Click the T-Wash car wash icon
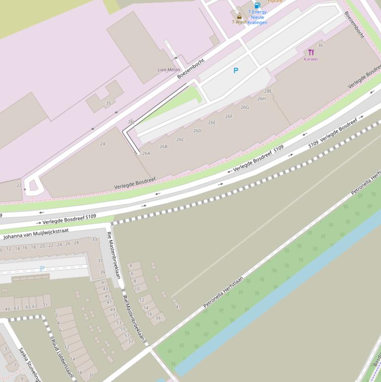tap(239, 15)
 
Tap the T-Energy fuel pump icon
tap(257, 5)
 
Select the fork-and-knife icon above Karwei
tap(311, 52)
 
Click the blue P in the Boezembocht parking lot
tap(236, 70)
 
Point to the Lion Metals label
tap(169, 70)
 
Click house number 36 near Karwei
tap(320, 45)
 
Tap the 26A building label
tap(146, 153)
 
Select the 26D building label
tap(197, 131)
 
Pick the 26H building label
tap(261, 99)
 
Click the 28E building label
tap(268, 91)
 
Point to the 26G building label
tap(245, 107)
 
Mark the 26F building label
tap(229, 117)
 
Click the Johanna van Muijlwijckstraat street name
tap(36, 234)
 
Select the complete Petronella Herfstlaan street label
tap(223, 292)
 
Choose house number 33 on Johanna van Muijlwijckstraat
tap(94, 239)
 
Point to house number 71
tap(45, 305)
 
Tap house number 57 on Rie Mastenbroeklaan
tap(126, 335)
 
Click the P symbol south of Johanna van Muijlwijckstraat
tap(42, 269)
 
